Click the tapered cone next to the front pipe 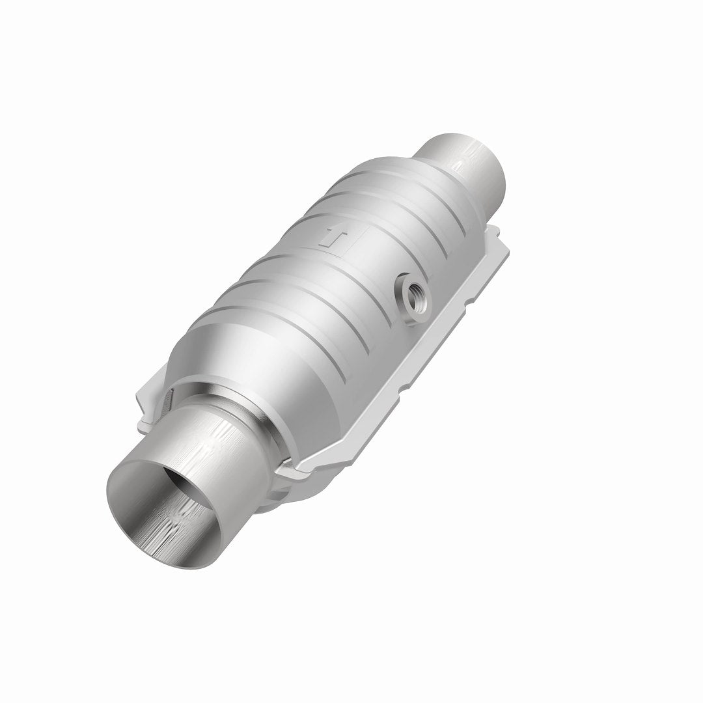tap(260, 365)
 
